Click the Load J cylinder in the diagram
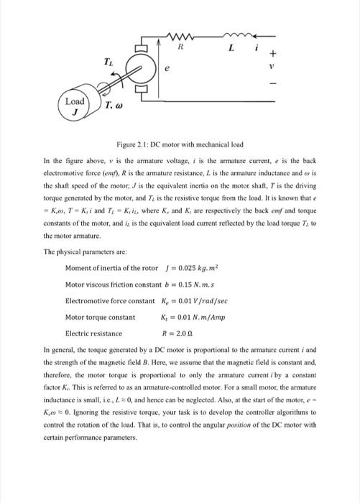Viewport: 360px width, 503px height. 75,105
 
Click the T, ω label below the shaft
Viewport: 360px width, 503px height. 114,106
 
